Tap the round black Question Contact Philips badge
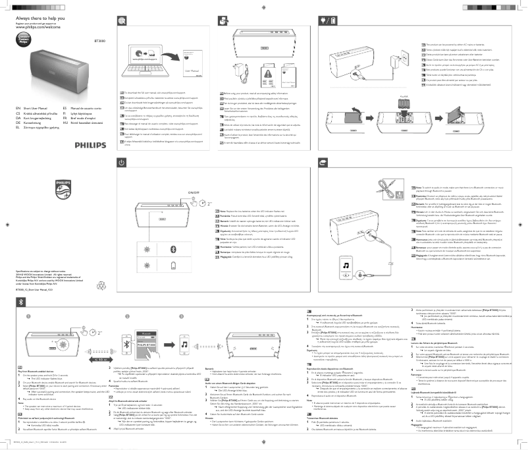23,38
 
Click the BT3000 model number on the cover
99,40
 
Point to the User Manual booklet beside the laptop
190,67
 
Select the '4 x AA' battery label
404,94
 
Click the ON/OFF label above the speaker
193,192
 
